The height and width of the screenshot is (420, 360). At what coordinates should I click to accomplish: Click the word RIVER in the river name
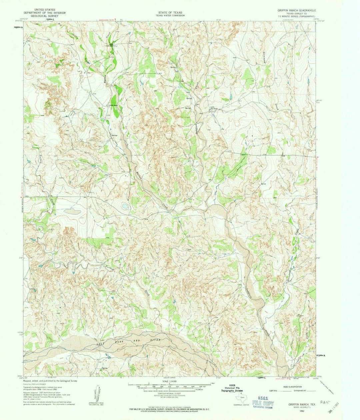pyautogui.click(x=155, y=340)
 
